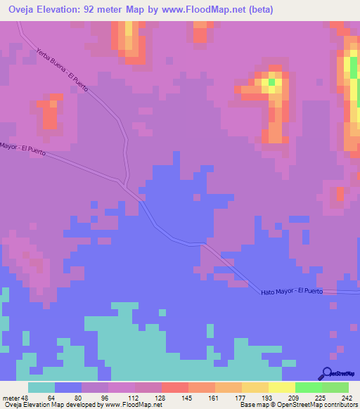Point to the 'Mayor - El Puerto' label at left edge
[23, 150]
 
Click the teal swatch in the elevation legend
[41, 387]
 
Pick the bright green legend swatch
[308, 387]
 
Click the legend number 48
[27, 396]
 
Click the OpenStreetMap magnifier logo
[327, 372]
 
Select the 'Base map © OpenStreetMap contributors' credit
[298, 405]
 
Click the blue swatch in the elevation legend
[68, 387]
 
